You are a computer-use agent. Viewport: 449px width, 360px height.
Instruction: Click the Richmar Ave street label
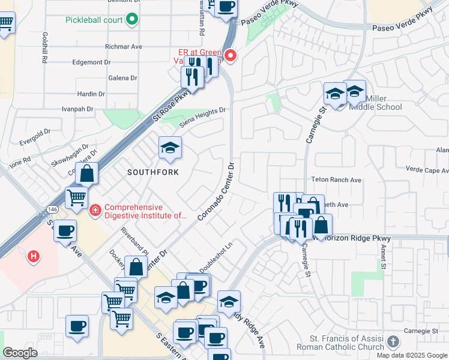click(123, 46)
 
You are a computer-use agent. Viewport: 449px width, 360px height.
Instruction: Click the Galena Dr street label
click(123, 78)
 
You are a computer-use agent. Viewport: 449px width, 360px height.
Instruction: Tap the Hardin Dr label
click(91, 94)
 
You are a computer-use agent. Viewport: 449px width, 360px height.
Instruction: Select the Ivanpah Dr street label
click(78, 109)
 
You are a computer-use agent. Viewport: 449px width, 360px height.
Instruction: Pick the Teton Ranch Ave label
click(336, 179)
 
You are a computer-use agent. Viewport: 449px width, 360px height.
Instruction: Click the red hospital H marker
click(34, 257)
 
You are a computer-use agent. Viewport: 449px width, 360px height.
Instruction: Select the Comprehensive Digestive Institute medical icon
click(95, 211)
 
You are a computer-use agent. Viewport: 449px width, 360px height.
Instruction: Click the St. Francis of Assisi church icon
click(393, 342)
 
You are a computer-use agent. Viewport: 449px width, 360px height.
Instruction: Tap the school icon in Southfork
click(170, 148)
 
